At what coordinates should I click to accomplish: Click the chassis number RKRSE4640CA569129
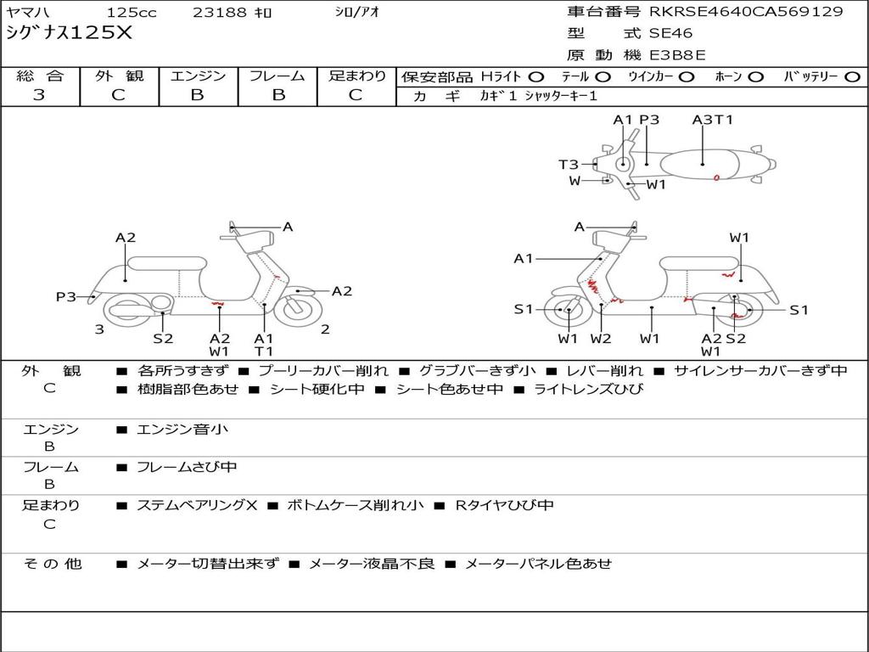pos(746,12)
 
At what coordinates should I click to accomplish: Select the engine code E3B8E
pos(677,55)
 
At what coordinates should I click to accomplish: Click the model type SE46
pos(670,34)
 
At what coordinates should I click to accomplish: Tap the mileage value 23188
pos(220,13)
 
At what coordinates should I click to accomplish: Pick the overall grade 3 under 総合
pos(39,95)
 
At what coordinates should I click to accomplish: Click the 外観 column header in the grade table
pos(119,76)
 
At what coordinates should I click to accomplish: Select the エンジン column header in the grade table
pos(198,76)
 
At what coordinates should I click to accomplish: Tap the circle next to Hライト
pos(536,76)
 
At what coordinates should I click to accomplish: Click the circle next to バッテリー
pos(852,76)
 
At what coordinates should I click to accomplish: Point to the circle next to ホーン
pos(755,76)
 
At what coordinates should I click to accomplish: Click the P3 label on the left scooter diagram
pos(66,296)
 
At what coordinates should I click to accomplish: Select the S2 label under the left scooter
pos(163,339)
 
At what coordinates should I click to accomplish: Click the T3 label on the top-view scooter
pos(568,165)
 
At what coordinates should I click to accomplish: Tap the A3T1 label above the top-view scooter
pos(712,120)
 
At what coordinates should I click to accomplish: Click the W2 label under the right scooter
pos(601,339)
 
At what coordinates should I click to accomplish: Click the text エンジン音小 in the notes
pos(182,430)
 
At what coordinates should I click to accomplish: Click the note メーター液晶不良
pos(371,563)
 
